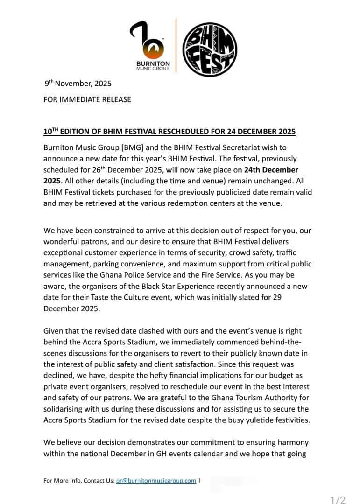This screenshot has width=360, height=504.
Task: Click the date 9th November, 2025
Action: click(78, 84)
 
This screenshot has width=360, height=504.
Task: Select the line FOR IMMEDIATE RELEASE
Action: click(87, 99)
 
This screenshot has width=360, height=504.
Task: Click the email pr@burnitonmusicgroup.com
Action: click(156, 481)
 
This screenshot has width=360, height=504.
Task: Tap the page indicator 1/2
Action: click(338, 500)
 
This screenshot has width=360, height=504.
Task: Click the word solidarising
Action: click(64, 410)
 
